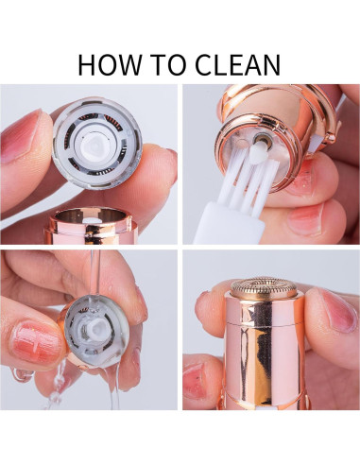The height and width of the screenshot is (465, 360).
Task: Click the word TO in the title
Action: (x=168, y=64)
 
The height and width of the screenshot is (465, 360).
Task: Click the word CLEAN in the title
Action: (x=238, y=64)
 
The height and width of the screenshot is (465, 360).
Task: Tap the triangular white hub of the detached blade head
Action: (x=95, y=145)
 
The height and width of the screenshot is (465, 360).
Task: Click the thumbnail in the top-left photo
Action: (x=22, y=136)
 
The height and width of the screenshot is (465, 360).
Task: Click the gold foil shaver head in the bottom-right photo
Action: (x=264, y=288)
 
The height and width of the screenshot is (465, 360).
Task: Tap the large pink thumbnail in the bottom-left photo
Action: (x=37, y=342)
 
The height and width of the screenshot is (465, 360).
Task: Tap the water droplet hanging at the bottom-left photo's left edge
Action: (x=22, y=374)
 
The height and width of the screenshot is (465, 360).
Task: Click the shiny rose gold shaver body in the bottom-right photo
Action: (x=265, y=352)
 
